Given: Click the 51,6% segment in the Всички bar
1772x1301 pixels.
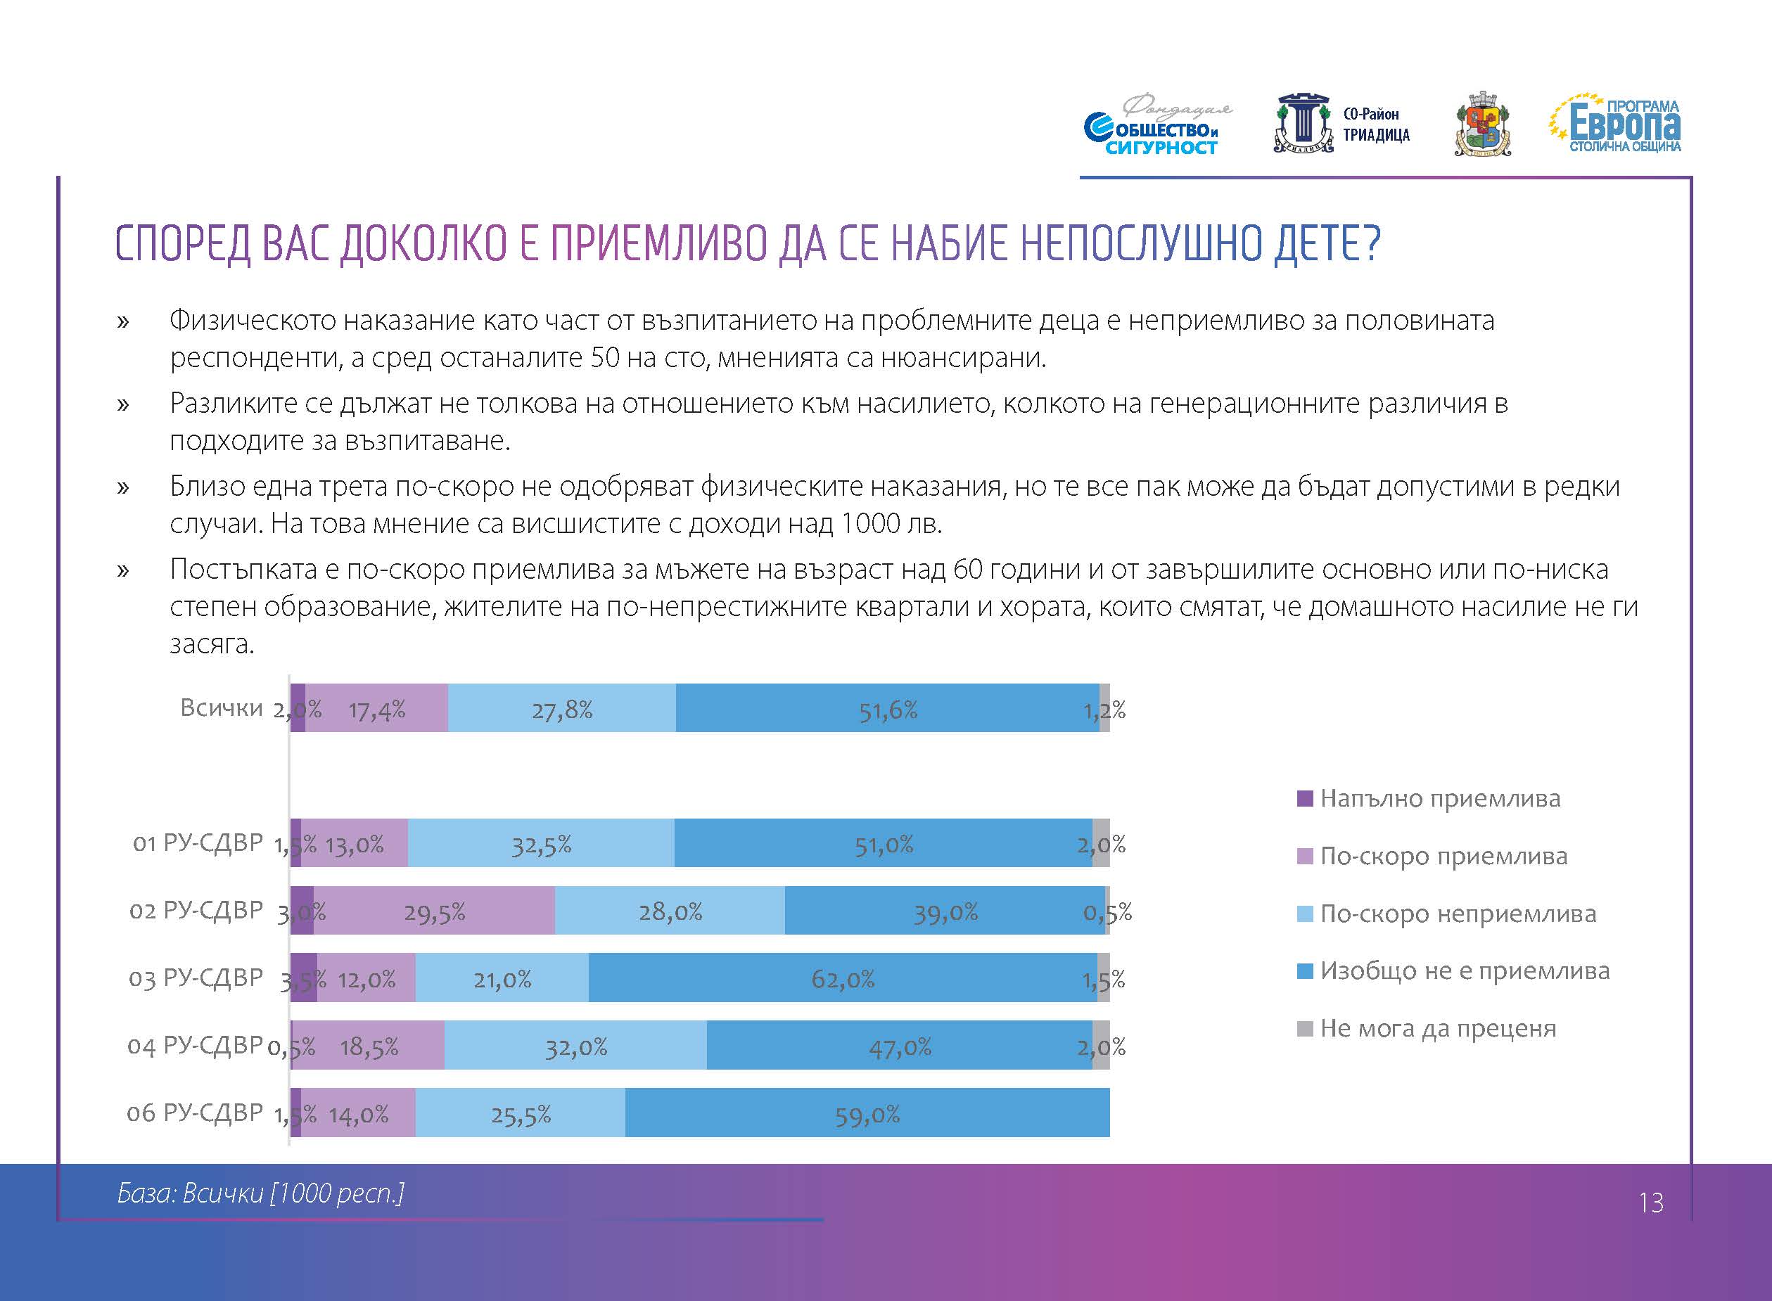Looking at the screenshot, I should [888, 708].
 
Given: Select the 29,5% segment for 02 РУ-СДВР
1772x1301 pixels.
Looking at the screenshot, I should [434, 911].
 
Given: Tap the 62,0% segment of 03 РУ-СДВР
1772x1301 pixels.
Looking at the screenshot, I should [843, 978].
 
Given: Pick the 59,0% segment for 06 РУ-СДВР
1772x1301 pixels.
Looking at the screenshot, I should [867, 1112].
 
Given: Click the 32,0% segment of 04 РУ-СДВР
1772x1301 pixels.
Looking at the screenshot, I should [575, 1045].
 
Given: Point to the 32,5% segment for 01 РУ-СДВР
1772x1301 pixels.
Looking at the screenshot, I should [541, 842].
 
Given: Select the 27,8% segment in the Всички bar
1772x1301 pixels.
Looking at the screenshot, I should [561, 708].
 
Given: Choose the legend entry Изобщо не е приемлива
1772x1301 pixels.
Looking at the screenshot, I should [1464, 971].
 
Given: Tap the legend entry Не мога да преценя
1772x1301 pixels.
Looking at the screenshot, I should [1437, 1029].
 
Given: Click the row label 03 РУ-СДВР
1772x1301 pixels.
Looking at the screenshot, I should [196, 978].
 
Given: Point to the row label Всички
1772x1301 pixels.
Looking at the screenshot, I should [222, 708].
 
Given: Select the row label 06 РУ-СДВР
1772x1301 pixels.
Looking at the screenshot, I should [195, 1112].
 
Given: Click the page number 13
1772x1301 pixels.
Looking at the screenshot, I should [1651, 1203].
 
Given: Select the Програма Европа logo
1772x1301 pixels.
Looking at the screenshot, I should [1616, 124].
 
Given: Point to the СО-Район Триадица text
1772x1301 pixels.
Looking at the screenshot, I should [1376, 124].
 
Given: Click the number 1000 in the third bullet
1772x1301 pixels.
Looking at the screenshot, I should [870, 524].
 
